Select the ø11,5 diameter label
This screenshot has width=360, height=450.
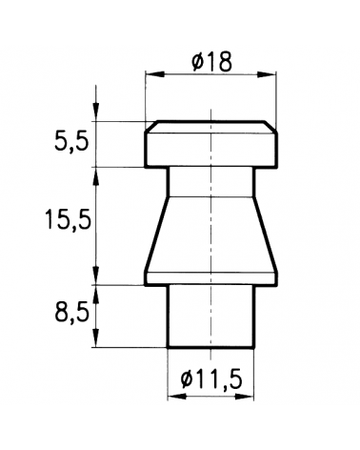(211, 379)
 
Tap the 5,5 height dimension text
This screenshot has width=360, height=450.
(70, 142)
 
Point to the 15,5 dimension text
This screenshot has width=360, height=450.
(68, 219)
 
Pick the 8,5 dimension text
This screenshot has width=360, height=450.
(71, 314)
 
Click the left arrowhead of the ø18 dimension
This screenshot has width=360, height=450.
(155, 74)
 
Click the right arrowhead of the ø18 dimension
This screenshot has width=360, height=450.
(266, 74)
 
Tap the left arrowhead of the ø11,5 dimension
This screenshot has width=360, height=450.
(177, 397)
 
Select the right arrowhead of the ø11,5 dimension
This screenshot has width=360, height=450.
(244, 397)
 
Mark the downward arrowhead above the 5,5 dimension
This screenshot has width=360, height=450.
(96, 112)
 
